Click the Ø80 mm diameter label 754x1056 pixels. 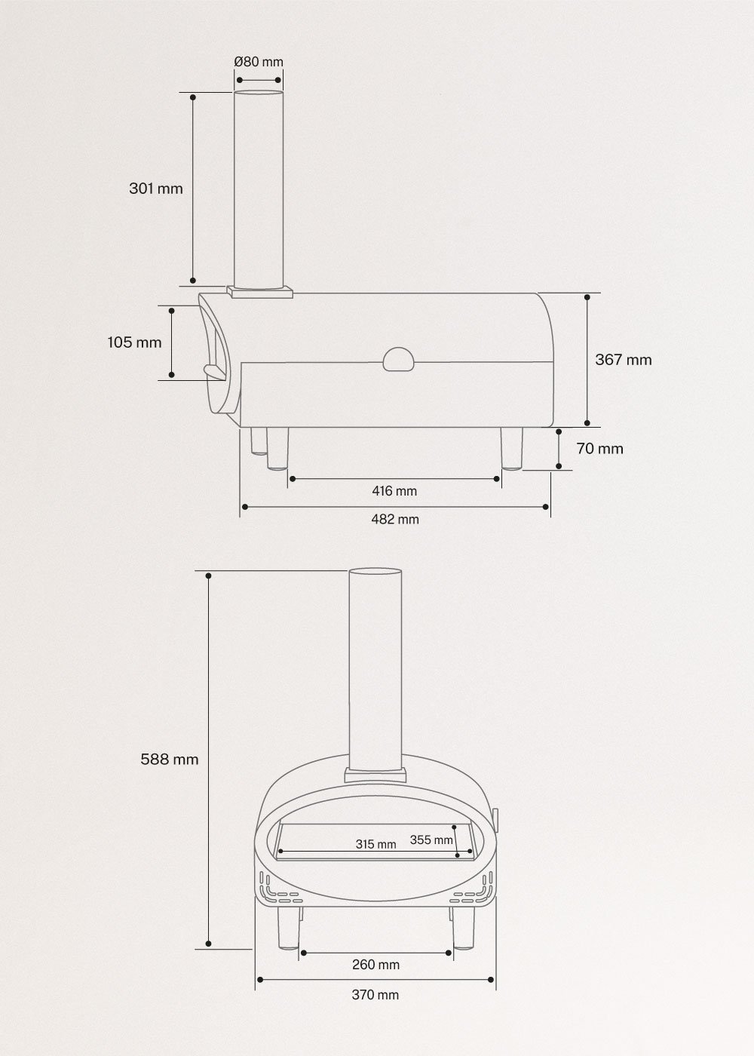(x=259, y=62)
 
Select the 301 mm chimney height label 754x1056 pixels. (x=156, y=189)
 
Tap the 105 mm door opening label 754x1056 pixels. (x=134, y=342)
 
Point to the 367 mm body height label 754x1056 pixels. (x=623, y=360)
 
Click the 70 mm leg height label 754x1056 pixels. (x=599, y=449)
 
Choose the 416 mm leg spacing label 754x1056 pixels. (x=394, y=491)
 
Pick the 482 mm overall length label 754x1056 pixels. (x=395, y=519)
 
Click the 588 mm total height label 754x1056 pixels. (x=170, y=759)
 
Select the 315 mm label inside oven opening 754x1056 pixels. (x=375, y=844)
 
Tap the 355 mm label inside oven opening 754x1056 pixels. (x=431, y=840)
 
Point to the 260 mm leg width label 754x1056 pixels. (x=375, y=964)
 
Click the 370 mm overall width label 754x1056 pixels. (x=375, y=995)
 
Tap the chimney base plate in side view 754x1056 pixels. (x=261, y=291)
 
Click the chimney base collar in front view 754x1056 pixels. (x=375, y=775)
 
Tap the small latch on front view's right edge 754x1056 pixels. (x=497, y=817)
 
